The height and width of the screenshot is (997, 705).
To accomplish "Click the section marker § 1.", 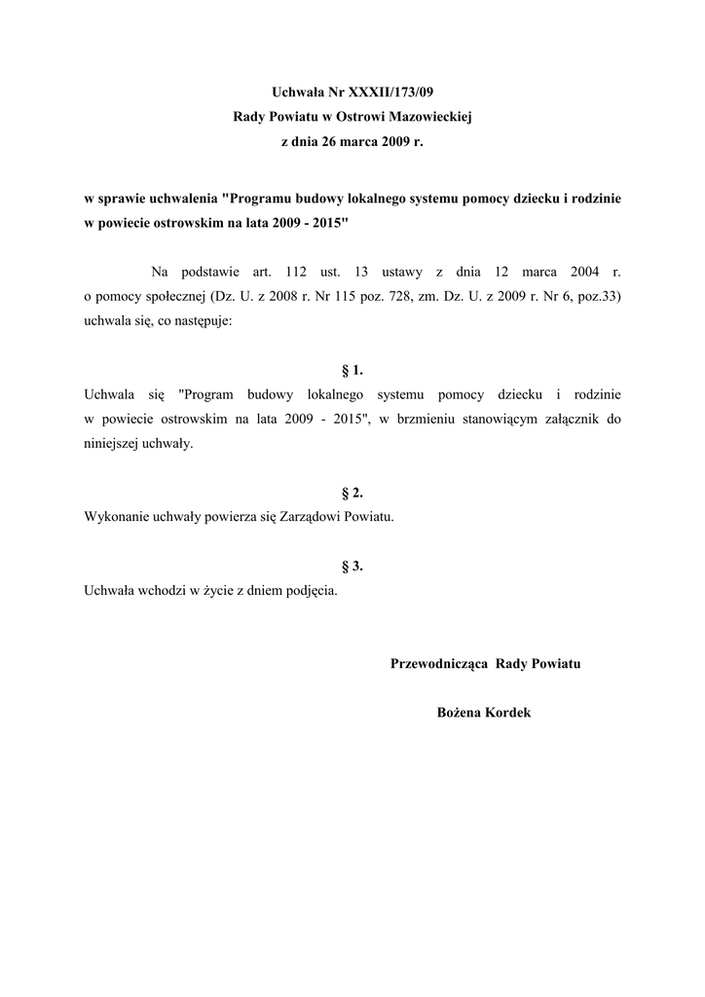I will pyautogui.click(x=352, y=370).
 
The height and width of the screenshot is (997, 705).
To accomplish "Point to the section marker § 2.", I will pyautogui.click(x=352, y=493).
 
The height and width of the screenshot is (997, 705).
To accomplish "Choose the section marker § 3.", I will pyautogui.click(x=352, y=566).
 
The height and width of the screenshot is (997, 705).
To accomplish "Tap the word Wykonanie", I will pyautogui.click(x=117, y=517).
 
